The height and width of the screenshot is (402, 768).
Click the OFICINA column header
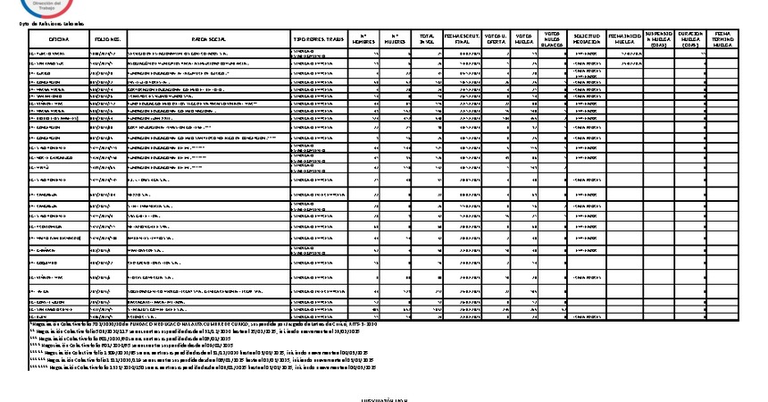pyautogui.click(x=59, y=39)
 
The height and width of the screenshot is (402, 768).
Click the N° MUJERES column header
pyautogui.click(x=396, y=39)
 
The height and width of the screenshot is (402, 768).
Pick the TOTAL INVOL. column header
pyautogui.click(x=427, y=39)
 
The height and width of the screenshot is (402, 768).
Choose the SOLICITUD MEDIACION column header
pyautogui.click(x=587, y=39)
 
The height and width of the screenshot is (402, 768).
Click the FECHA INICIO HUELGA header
pyautogui.click(x=625, y=39)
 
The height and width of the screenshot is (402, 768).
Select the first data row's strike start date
pyautogui.click(x=625, y=53)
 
